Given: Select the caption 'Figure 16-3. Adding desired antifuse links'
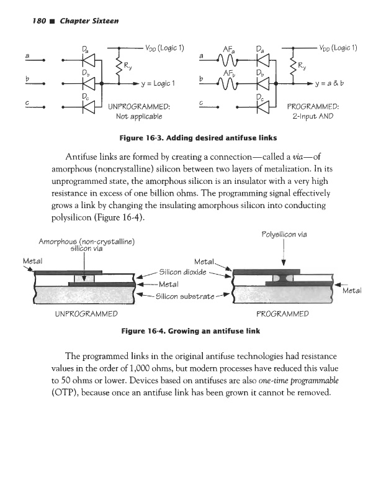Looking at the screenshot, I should pyautogui.click(x=190, y=137).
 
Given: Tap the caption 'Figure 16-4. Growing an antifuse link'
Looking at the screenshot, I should pyautogui.click(x=191, y=332).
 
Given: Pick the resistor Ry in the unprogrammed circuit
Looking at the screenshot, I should pyautogui.click(x=115, y=65).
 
